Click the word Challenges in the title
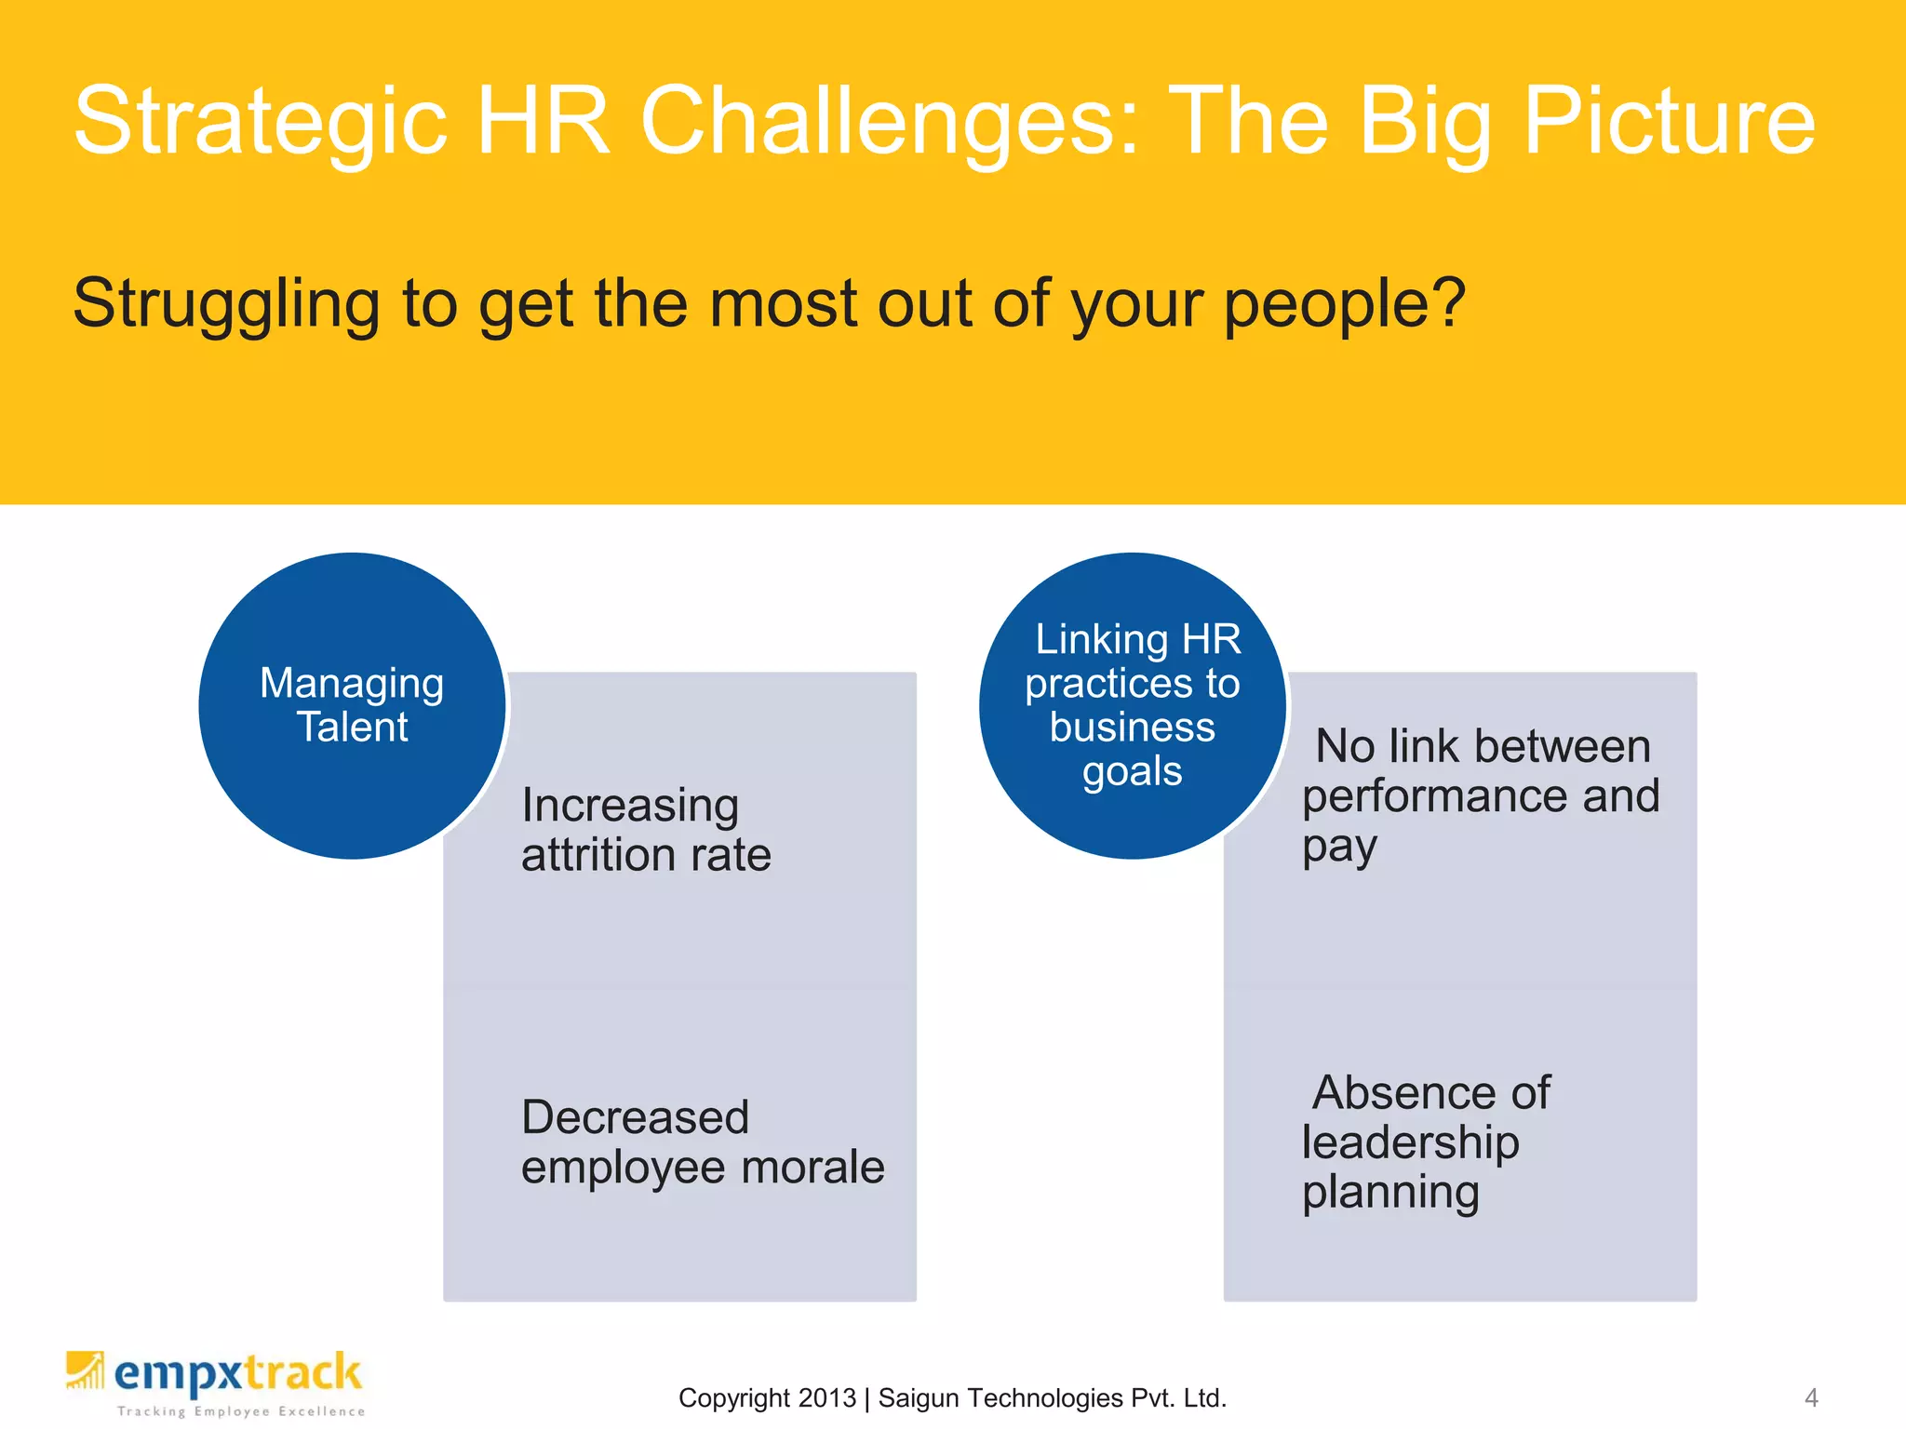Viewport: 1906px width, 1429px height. [x=889, y=121]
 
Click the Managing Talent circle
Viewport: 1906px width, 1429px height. [x=352, y=705]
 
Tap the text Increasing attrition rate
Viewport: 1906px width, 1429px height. [x=646, y=830]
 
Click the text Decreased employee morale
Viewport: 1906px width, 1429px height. [x=702, y=1142]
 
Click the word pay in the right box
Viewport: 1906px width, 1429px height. [x=1338, y=848]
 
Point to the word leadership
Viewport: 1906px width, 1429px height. [x=1409, y=1143]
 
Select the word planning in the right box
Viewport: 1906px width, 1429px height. [x=1389, y=1193]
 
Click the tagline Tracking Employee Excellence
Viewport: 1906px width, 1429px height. [x=240, y=1411]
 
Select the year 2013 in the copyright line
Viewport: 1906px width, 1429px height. [x=826, y=1398]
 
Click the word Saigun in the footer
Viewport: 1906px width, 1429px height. [x=921, y=1398]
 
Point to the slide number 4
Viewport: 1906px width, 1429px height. [x=1810, y=1397]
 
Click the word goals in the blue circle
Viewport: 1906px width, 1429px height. [x=1132, y=772]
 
